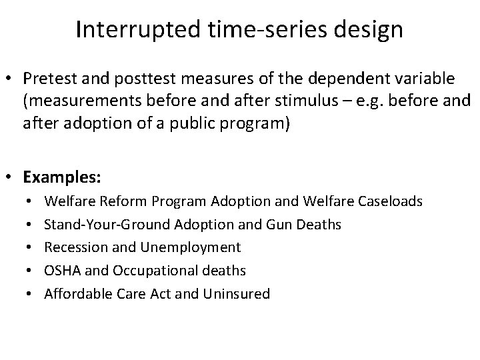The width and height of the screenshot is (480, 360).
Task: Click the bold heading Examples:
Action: click(63, 177)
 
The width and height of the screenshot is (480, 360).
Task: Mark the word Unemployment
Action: click(191, 247)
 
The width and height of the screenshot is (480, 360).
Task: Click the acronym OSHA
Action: click(60, 270)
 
